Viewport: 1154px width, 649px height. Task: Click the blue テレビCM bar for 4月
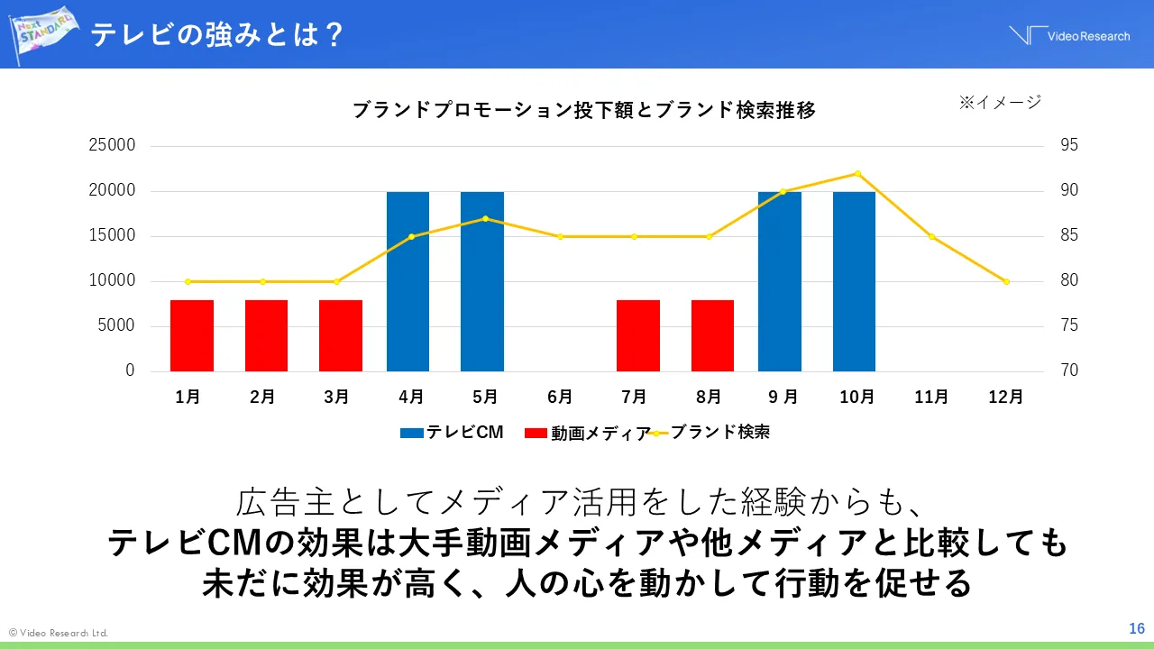tap(408, 281)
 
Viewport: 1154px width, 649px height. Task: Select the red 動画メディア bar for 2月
tap(266, 335)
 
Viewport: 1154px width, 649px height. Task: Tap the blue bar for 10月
tap(854, 281)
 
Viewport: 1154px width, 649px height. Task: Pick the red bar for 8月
tap(712, 335)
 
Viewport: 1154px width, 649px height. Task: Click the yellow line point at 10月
tap(857, 173)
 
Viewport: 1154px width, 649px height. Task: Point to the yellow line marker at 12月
tap(1006, 281)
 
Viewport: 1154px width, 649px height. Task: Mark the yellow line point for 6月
tap(560, 236)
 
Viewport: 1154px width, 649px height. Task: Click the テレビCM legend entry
tap(452, 433)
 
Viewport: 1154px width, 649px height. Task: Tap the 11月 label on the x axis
tap(931, 397)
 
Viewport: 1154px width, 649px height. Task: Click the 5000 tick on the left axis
tap(118, 326)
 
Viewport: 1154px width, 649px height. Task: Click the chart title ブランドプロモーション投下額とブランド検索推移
tap(583, 111)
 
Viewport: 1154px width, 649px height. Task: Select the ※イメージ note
tap(999, 103)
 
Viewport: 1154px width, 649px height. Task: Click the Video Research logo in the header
tap(1069, 36)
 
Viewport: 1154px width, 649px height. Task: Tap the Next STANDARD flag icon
tap(43, 33)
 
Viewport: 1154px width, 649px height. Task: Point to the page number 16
tap(1136, 628)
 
